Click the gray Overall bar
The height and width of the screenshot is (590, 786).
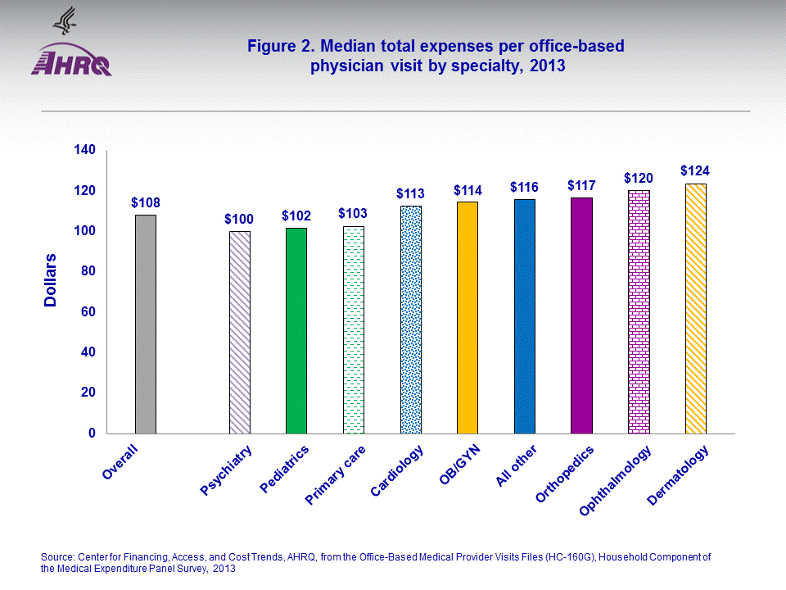click(x=146, y=324)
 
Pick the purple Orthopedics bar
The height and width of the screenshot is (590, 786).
click(x=581, y=315)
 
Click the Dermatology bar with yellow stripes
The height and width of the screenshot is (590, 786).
click(x=695, y=308)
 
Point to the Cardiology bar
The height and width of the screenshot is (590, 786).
click(x=410, y=320)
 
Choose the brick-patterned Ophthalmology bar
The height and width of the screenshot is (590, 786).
click(x=639, y=312)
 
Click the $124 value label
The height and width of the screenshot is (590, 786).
click(x=695, y=171)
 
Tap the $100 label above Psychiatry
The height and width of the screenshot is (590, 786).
click(x=239, y=219)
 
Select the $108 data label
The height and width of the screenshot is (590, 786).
click(x=146, y=202)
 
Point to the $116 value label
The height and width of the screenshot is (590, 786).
click(x=524, y=188)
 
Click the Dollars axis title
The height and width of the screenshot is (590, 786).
click(x=51, y=280)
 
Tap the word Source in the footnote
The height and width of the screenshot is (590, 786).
click(x=57, y=557)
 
